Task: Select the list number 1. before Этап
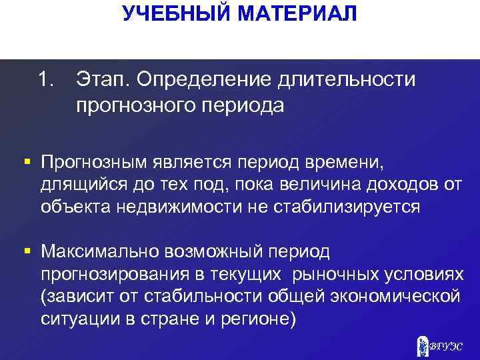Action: [45, 81]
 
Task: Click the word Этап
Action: [103, 81]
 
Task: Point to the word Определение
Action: [201, 81]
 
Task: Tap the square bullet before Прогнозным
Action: [27, 161]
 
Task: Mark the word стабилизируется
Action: [347, 206]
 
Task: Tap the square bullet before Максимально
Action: [27, 251]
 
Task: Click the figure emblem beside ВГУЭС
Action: [423, 345]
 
